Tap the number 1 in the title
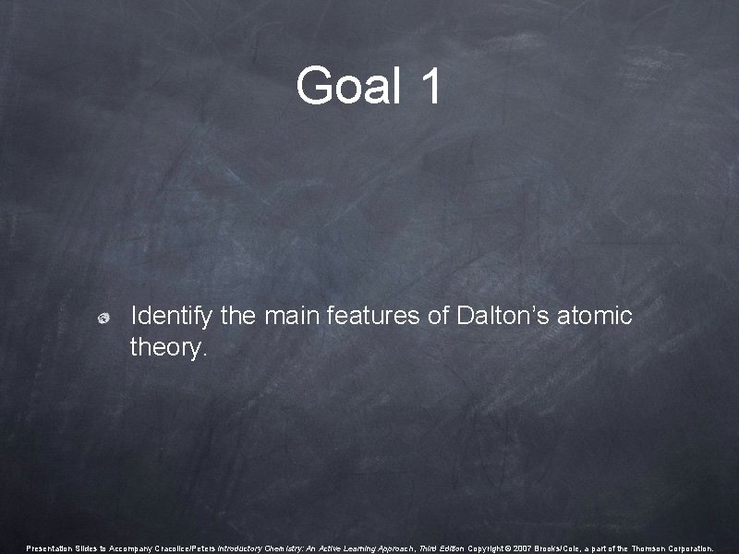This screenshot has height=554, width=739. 430,87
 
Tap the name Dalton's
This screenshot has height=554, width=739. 502,317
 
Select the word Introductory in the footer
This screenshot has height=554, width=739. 242,548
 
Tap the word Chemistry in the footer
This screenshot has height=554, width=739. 288,548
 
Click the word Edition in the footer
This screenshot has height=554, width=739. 450,548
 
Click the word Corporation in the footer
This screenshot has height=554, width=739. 691,548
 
